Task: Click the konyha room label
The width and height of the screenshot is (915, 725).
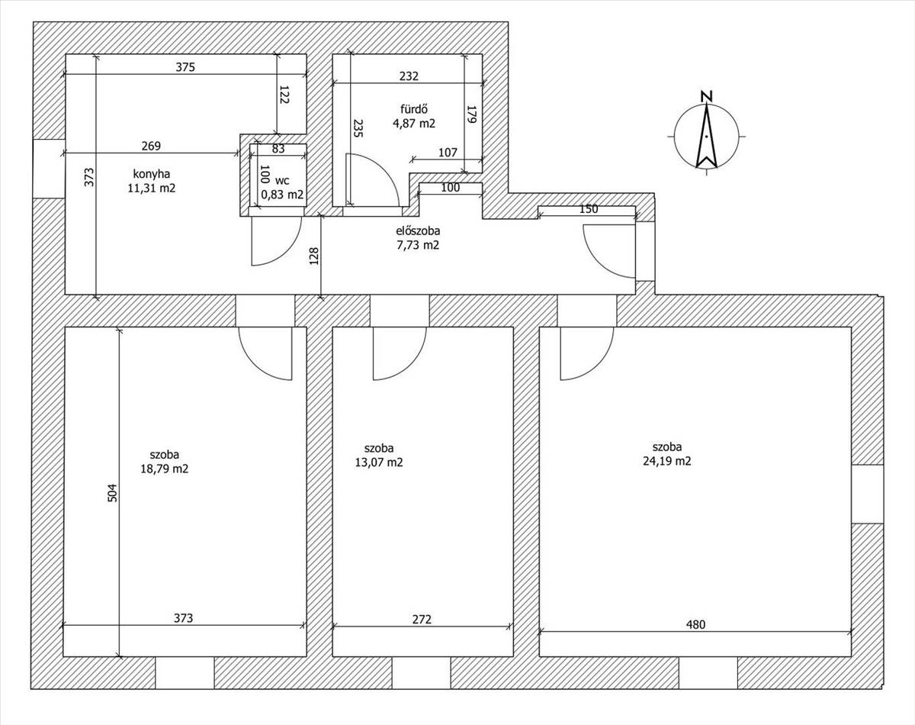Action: click(152, 174)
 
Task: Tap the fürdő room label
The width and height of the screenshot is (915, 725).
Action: click(414, 109)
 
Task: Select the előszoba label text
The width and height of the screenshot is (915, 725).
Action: click(418, 230)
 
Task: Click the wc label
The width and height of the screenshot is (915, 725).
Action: click(282, 181)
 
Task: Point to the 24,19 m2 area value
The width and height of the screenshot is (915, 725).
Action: click(666, 461)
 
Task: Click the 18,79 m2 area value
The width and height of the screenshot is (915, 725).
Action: click(165, 469)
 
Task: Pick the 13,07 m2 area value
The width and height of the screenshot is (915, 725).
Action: click(379, 462)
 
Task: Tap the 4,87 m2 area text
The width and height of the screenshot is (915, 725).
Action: click(414, 124)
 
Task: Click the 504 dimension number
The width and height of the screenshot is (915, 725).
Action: click(112, 493)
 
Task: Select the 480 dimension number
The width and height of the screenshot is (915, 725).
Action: click(695, 624)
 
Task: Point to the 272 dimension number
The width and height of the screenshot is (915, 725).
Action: click(422, 620)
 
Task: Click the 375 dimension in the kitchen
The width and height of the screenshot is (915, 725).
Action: click(185, 67)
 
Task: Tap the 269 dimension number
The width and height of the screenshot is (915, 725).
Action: click(151, 146)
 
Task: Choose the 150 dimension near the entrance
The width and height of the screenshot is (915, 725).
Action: click(589, 208)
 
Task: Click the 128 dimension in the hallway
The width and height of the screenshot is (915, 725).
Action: click(314, 256)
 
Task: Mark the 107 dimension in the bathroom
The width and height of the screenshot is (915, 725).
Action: click(448, 153)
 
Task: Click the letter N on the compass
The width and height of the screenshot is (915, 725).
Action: click(707, 97)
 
